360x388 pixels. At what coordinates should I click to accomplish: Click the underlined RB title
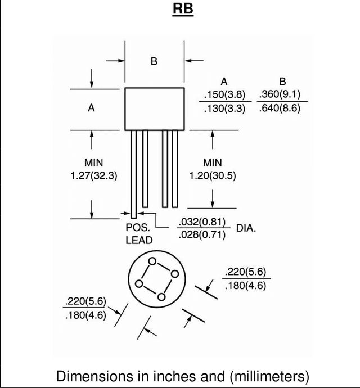(183, 10)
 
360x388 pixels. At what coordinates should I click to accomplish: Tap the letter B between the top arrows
(154, 61)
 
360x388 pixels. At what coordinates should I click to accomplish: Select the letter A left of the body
(91, 108)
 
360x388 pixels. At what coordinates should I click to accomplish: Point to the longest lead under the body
(134, 174)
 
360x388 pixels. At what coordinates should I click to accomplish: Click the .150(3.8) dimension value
(224, 94)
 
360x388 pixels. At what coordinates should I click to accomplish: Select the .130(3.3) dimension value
(224, 109)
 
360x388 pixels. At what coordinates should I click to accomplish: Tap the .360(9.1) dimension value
(280, 94)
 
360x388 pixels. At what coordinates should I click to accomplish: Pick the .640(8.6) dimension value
(280, 108)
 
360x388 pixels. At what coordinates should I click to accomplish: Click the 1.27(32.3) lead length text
(94, 175)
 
